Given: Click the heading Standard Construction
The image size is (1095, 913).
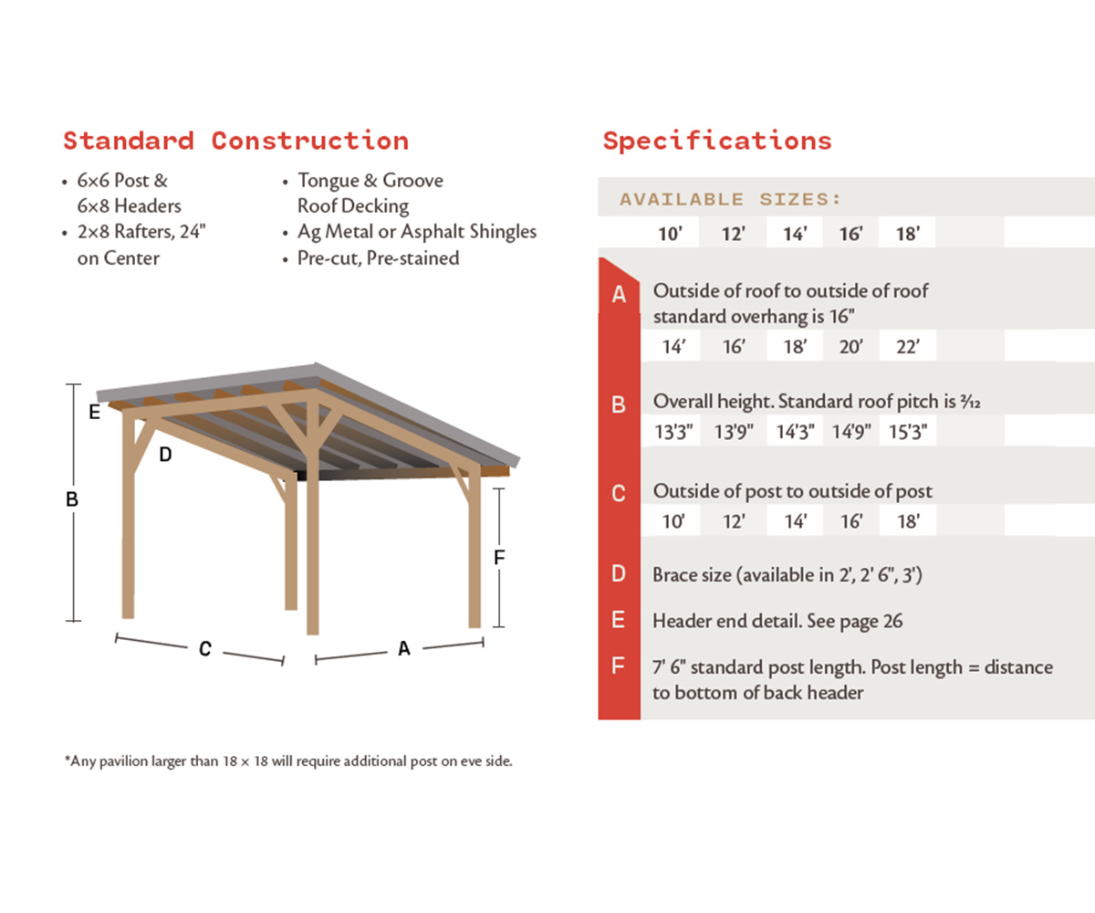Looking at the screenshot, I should pyautogui.click(x=235, y=141).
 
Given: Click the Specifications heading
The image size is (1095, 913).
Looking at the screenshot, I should pyautogui.click(x=717, y=141).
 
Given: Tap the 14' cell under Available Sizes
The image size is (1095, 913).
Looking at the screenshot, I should pyautogui.click(x=795, y=234).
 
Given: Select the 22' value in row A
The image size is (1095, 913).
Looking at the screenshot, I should pyautogui.click(x=907, y=347).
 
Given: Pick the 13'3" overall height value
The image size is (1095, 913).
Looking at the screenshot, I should pyautogui.click(x=676, y=433).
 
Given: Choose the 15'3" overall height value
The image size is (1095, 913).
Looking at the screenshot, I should pyautogui.click(x=907, y=433).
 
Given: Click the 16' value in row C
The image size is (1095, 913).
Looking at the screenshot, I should pyautogui.click(x=850, y=522).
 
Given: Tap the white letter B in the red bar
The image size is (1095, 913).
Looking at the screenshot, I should pyautogui.click(x=619, y=404).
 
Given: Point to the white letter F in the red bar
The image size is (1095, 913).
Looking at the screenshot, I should pyautogui.click(x=619, y=667).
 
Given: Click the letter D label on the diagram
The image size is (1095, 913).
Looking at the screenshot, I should pyautogui.click(x=165, y=454).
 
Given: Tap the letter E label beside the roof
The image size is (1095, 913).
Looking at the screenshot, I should pyautogui.click(x=94, y=413).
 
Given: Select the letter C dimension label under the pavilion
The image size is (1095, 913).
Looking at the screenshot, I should pyautogui.click(x=205, y=649).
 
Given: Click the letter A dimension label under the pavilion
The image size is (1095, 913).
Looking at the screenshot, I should pyautogui.click(x=404, y=648).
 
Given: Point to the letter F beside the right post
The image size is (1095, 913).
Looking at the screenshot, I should pyautogui.click(x=499, y=557).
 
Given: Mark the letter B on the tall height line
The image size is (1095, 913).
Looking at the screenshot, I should pyautogui.click(x=72, y=500).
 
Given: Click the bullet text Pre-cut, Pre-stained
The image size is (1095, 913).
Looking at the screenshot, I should pyautogui.click(x=378, y=258).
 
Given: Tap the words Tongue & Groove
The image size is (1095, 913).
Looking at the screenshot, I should pyautogui.click(x=370, y=181).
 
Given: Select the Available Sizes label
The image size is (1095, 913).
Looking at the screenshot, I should pyautogui.click(x=730, y=199).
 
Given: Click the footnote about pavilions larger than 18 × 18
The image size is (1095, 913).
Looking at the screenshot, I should pyautogui.click(x=288, y=761).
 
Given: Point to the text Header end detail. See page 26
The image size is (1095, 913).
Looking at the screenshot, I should pyautogui.click(x=777, y=621).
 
